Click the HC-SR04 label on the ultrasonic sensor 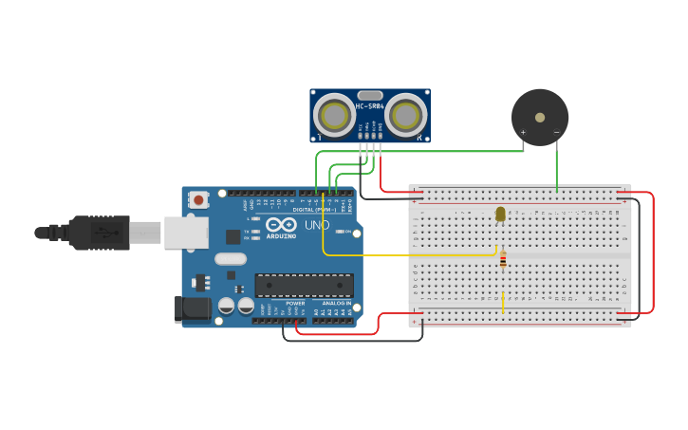tap(370, 106)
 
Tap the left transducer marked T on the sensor tap(334, 116)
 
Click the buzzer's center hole tap(540, 118)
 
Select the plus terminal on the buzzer tap(523, 133)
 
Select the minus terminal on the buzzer tap(556, 133)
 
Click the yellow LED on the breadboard tap(501, 215)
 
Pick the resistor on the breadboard tap(503, 259)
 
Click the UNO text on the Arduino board tap(316, 225)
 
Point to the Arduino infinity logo tap(282, 226)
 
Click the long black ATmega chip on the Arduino tap(304, 285)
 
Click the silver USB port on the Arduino tap(185, 233)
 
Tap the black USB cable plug tap(99, 233)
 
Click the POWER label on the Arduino tap(295, 304)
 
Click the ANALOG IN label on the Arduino tap(336, 304)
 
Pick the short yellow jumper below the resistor tap(503, 301)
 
